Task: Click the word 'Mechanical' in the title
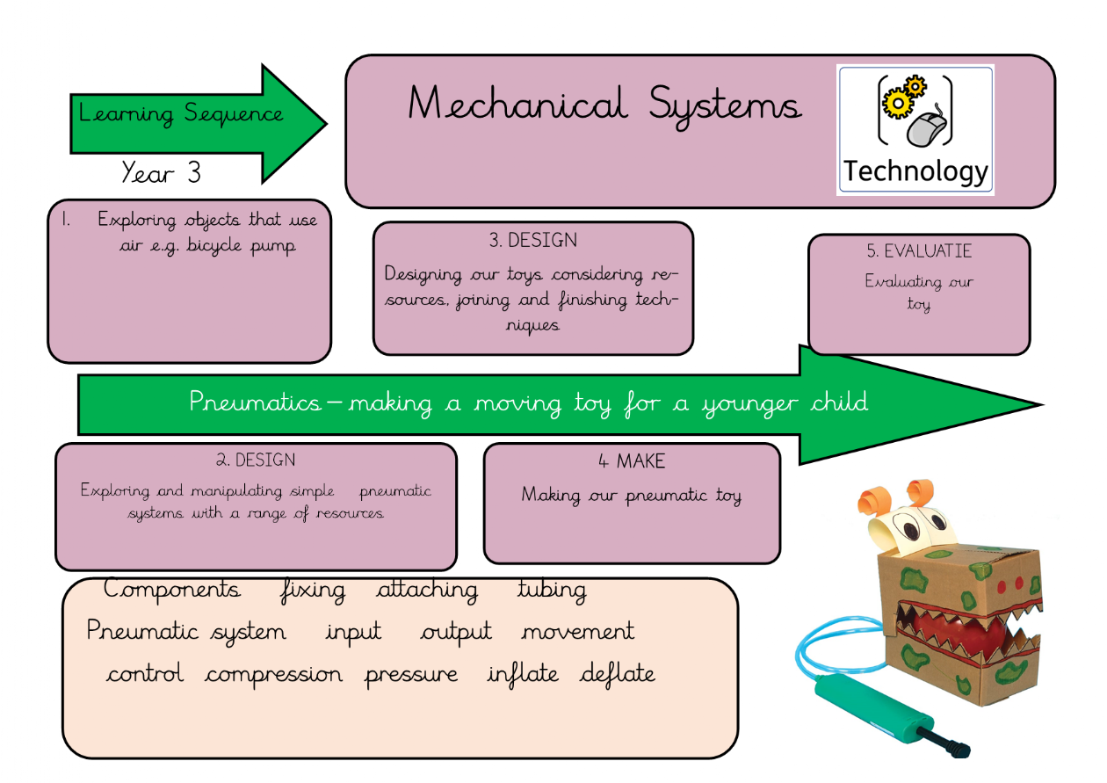517,105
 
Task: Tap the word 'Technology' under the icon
915,171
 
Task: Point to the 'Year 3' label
161,172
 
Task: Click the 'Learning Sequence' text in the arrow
180,114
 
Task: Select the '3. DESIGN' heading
532,240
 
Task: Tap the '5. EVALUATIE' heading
919,251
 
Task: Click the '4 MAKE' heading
632,461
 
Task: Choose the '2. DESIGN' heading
256,460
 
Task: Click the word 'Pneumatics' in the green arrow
256,402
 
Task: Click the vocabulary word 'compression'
274,675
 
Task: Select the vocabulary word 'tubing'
552,590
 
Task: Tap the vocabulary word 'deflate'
618,675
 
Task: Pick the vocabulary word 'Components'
171,589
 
